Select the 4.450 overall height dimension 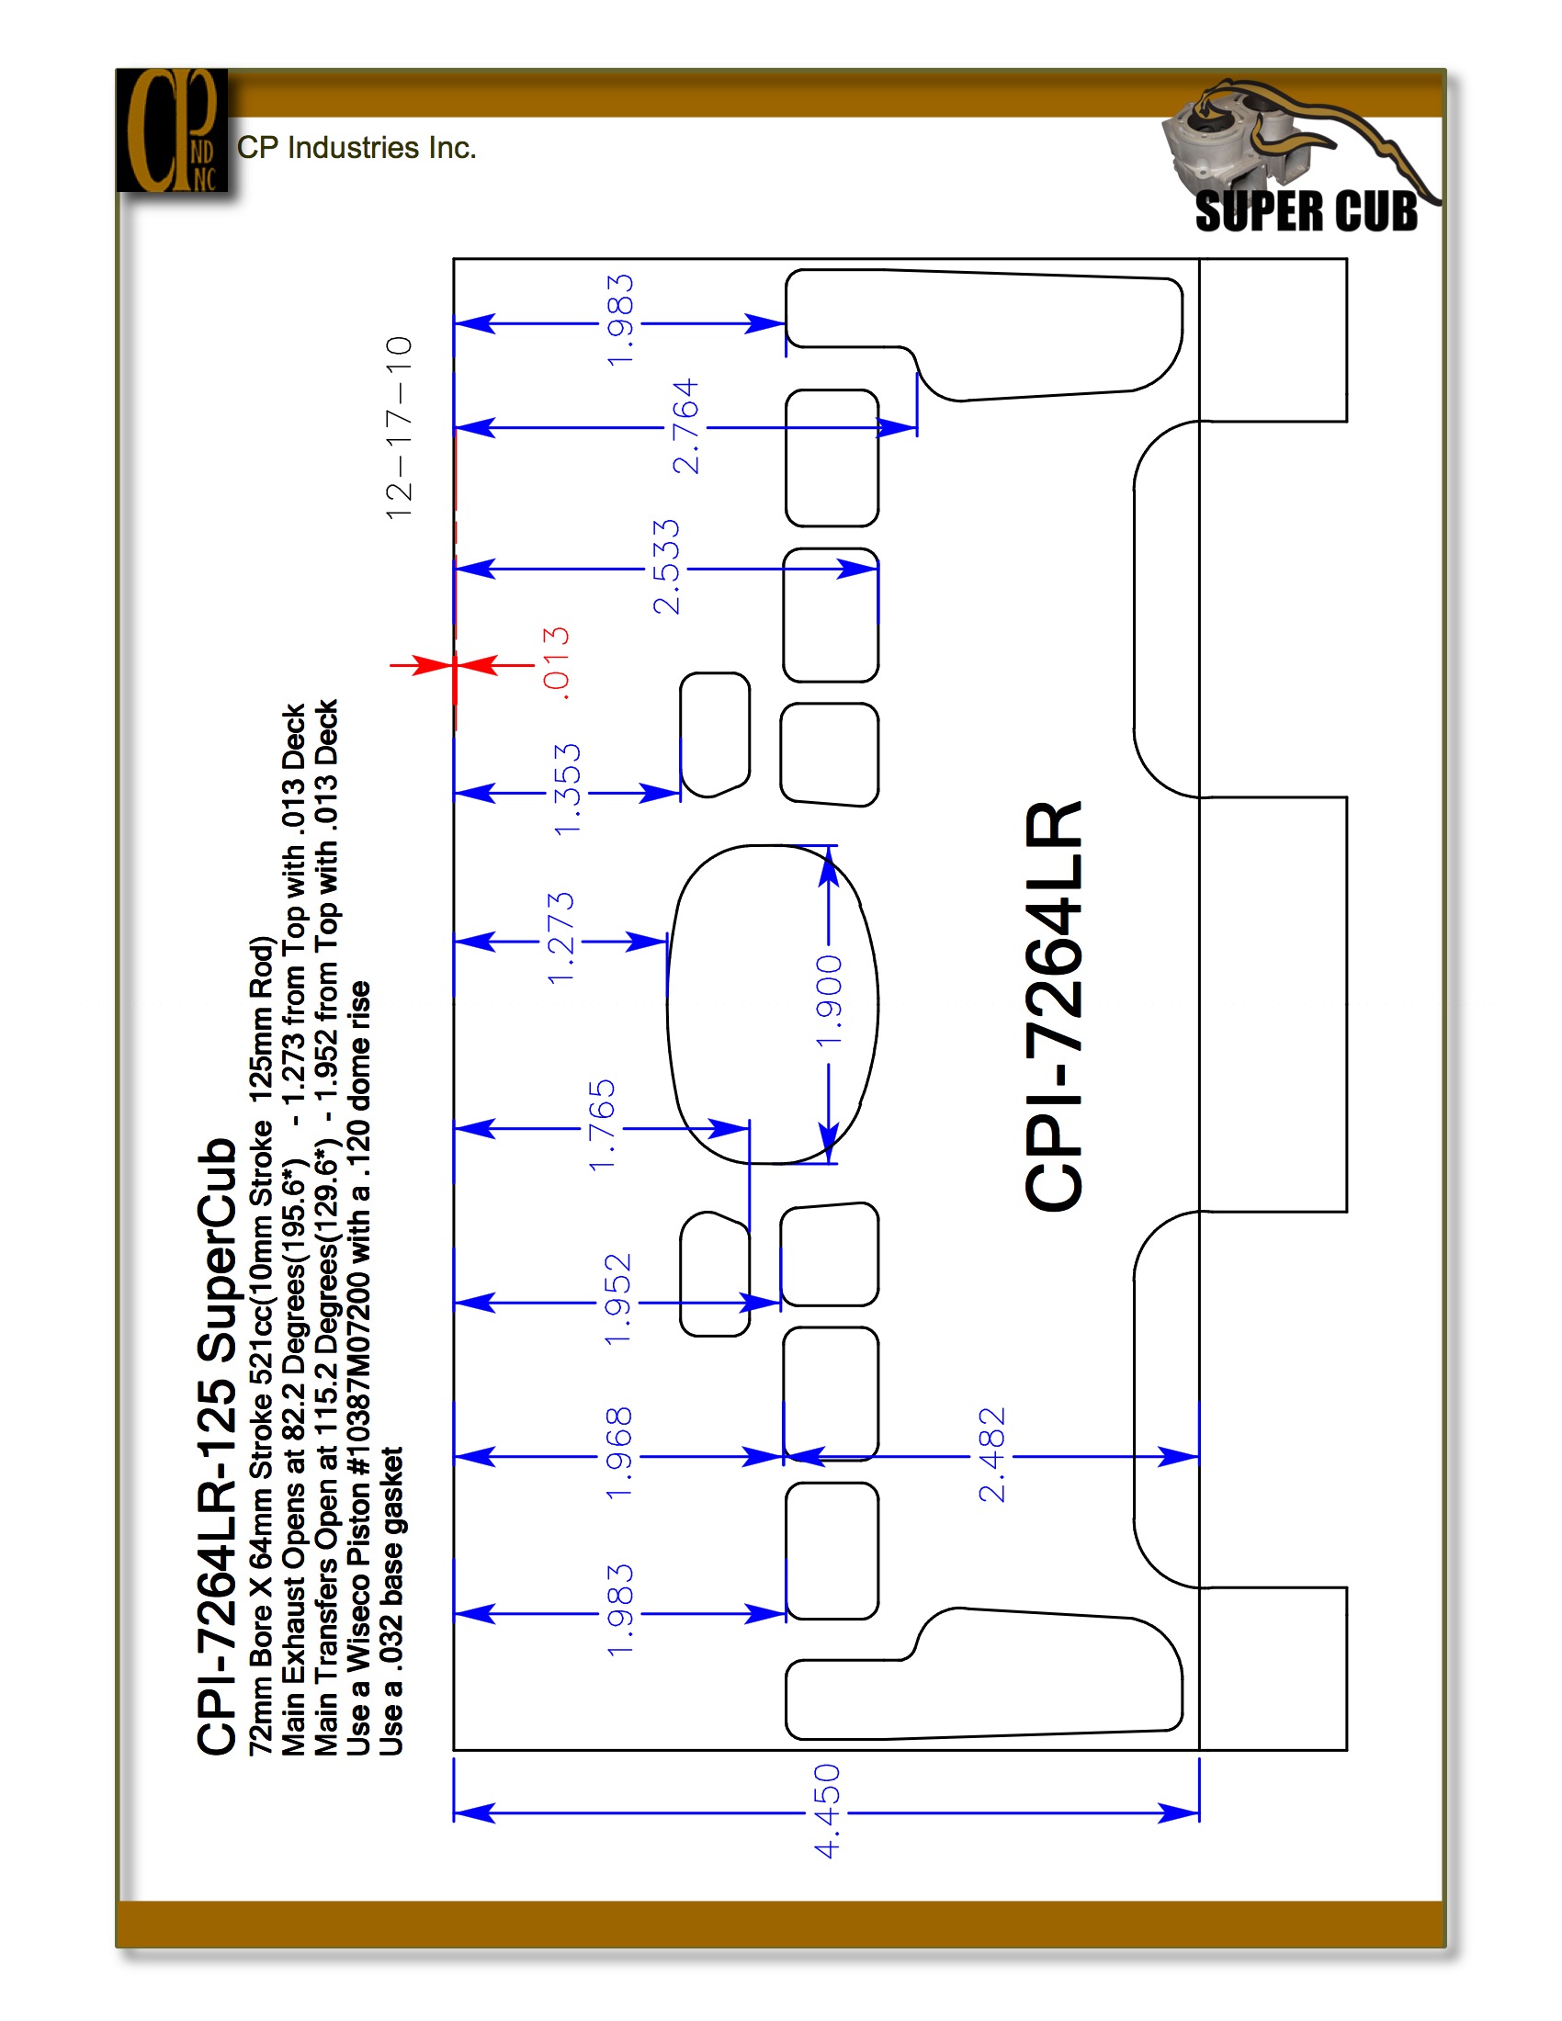pos(827,1810)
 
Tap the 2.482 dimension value pos(991,1454)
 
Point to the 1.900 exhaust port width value pos(829,1001)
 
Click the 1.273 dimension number pos(560,938)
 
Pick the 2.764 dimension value pos(685,426)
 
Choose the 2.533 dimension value pos(666,566)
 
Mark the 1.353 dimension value pos(566,789)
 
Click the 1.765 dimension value pos(602,1125)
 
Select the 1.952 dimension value pos(617,1299)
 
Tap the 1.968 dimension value pos(618,1454)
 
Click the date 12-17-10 pos(399,427)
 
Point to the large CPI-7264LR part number pos(1054,1006)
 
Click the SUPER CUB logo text pos(1306,211)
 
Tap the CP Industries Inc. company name pos(357,148)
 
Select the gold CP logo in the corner pos(172,130)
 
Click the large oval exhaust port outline pos(667,1004)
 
